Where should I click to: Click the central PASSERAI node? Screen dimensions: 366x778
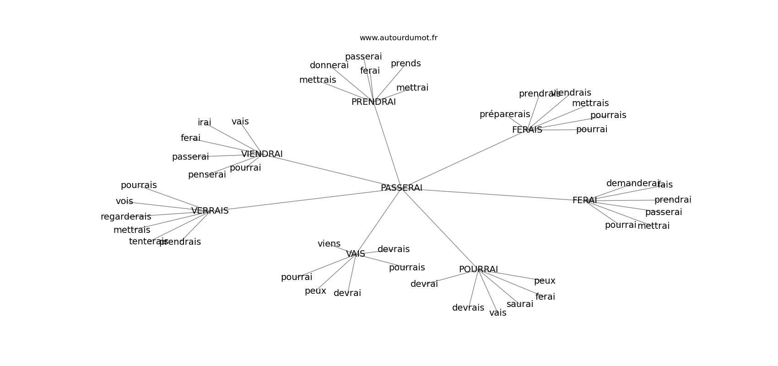pos(401,188)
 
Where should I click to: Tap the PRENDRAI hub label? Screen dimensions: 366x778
pos(373,102)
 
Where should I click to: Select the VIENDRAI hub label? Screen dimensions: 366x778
pos(262,154)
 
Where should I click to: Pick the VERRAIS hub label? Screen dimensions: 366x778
pos(210,211)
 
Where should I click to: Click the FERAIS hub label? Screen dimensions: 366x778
pos(527,130)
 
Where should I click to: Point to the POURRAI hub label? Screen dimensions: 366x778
pos(478,269)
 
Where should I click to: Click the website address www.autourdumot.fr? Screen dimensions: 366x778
pos(398,38)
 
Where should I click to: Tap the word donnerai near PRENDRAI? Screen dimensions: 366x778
pos(329,65)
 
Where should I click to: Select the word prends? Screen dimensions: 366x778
pos(405,64)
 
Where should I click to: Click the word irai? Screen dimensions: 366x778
pos(204,123)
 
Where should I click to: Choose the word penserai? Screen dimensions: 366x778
pos(207,175)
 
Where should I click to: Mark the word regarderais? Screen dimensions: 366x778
pos(126,217)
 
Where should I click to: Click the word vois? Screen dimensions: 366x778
pos(124,201)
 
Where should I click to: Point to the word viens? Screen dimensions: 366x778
pos(329,244)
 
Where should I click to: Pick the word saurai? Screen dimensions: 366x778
pos(520,304)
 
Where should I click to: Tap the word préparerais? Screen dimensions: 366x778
pos(505,114)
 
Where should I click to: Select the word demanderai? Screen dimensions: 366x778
pos(633,183)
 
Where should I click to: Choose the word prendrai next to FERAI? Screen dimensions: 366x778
pos(673,200)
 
